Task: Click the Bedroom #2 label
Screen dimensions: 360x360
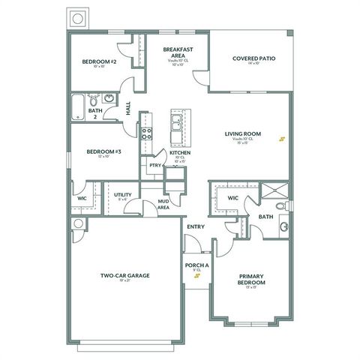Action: [x=99, y=62]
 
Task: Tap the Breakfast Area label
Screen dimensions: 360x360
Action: [x=178, y=53]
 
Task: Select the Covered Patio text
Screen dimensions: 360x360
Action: [x=252, y=58]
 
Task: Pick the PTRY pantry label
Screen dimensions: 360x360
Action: [x=154, y=166]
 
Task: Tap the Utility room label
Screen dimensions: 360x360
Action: [x=123, y=195]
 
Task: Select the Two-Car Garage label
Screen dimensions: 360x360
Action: [x=125, y=275]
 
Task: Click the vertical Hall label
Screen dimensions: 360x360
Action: [x=128, y=109]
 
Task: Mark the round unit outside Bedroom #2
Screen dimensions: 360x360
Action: [x=76, y=18]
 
